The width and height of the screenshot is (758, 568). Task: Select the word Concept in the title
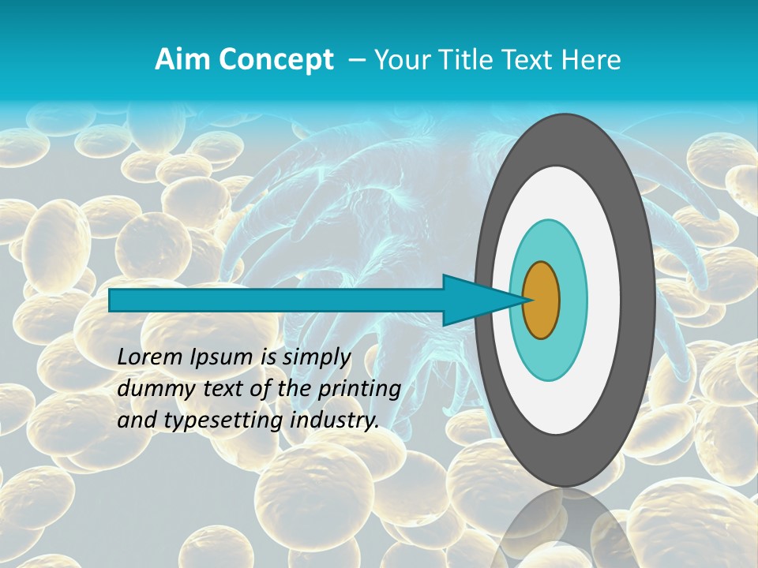point(276,60)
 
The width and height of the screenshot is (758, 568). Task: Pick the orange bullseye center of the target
point(541,300)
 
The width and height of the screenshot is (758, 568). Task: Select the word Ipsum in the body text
point(223,357)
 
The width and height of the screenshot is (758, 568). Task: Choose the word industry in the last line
point(331,420)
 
